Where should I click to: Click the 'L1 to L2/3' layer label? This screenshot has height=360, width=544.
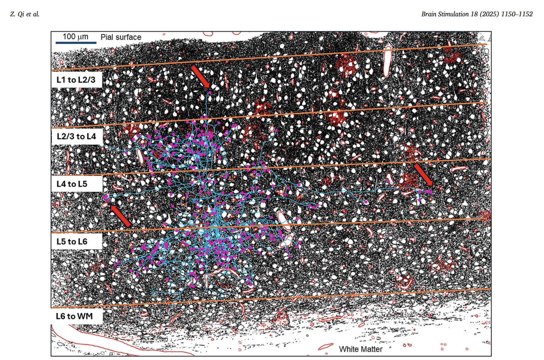76,80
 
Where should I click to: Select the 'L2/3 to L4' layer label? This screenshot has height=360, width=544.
77,136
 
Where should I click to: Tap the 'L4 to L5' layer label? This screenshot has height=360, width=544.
72,184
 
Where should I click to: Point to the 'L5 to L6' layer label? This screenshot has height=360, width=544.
72,241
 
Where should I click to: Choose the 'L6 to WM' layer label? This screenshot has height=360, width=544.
74,316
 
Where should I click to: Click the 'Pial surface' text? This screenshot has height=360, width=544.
121,37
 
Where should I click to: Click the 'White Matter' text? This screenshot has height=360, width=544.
361,349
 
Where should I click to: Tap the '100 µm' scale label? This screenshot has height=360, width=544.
75,37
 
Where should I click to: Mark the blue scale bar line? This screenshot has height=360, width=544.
76,43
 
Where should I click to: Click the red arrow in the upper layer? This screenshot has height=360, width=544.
200,76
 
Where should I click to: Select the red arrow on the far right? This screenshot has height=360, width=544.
423,174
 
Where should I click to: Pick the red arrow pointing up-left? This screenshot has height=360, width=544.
120,216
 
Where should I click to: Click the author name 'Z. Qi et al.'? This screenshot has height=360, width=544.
25,14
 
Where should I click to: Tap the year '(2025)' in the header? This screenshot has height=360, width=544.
489,14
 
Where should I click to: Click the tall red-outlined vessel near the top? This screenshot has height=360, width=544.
387,61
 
